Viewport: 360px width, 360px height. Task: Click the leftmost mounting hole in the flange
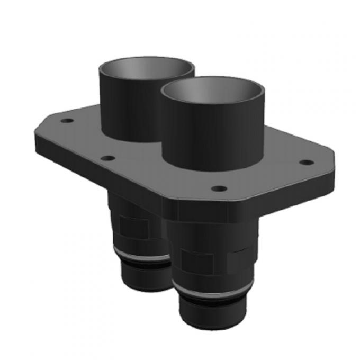67,121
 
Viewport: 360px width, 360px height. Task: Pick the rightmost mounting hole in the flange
305,162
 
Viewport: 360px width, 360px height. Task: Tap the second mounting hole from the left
107,158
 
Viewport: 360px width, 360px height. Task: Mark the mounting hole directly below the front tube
219,188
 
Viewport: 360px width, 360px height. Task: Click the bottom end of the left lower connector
146,281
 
